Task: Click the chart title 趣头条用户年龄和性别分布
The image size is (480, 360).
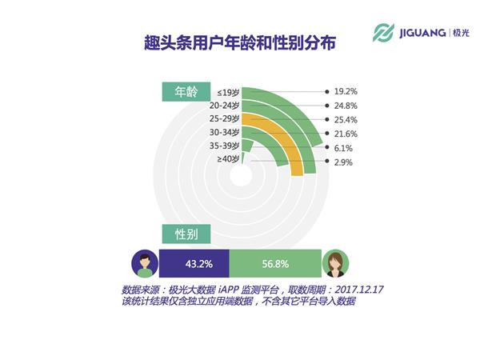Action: [x=240, y=42]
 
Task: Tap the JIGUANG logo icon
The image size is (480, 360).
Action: [x=383, y=33]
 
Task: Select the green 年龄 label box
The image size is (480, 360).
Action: [x=186, y=91]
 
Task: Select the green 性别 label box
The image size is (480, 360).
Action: [x=186, y=234]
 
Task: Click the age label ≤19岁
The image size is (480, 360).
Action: [x=228, y=92]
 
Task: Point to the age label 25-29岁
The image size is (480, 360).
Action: [x=224, y=118]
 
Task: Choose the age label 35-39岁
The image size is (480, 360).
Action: [x=224, y=146]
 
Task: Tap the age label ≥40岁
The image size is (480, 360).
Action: [x=228, y=159]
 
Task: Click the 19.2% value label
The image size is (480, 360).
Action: [x=346, y=91]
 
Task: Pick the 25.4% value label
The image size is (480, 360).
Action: [x=346, y=120]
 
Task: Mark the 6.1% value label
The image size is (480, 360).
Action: [x=343, y=149]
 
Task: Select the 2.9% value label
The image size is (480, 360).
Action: [x=343, y=162]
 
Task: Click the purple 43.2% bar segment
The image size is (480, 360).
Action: [x=194, y=263]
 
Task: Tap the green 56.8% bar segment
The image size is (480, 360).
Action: [x=275, y=263]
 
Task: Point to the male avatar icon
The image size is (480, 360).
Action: [x=145, y=263]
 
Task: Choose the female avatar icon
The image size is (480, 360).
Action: [x=335, y=263]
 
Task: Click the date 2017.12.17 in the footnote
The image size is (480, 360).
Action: [x=359, y=290]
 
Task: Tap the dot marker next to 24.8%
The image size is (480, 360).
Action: [x=327, y=106]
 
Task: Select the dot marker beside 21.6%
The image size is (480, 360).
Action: [x=327, y=134]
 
